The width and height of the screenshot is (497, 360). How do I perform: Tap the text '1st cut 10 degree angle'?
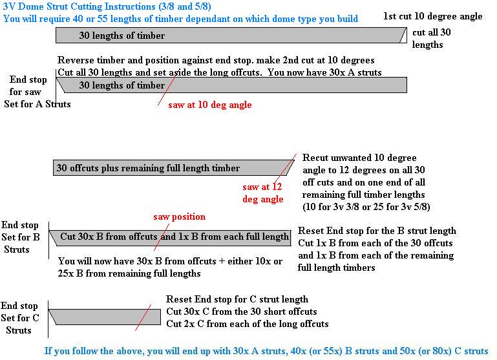click(432, 16)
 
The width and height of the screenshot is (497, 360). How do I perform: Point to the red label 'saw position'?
click(179, 217)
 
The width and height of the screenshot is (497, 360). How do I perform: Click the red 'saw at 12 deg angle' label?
click(263, 193)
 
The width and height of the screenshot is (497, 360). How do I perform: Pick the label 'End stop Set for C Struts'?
click(20, 318)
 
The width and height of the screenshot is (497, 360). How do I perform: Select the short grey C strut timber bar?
click(103, 317)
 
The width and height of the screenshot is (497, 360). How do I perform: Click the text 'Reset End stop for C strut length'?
click(237, 299)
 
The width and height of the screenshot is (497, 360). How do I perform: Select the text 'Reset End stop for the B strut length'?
click(377, 231)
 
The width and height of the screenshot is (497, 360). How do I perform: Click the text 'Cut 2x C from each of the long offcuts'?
click(248, 324)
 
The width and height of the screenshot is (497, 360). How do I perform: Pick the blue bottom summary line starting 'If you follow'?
click(266, 352)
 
